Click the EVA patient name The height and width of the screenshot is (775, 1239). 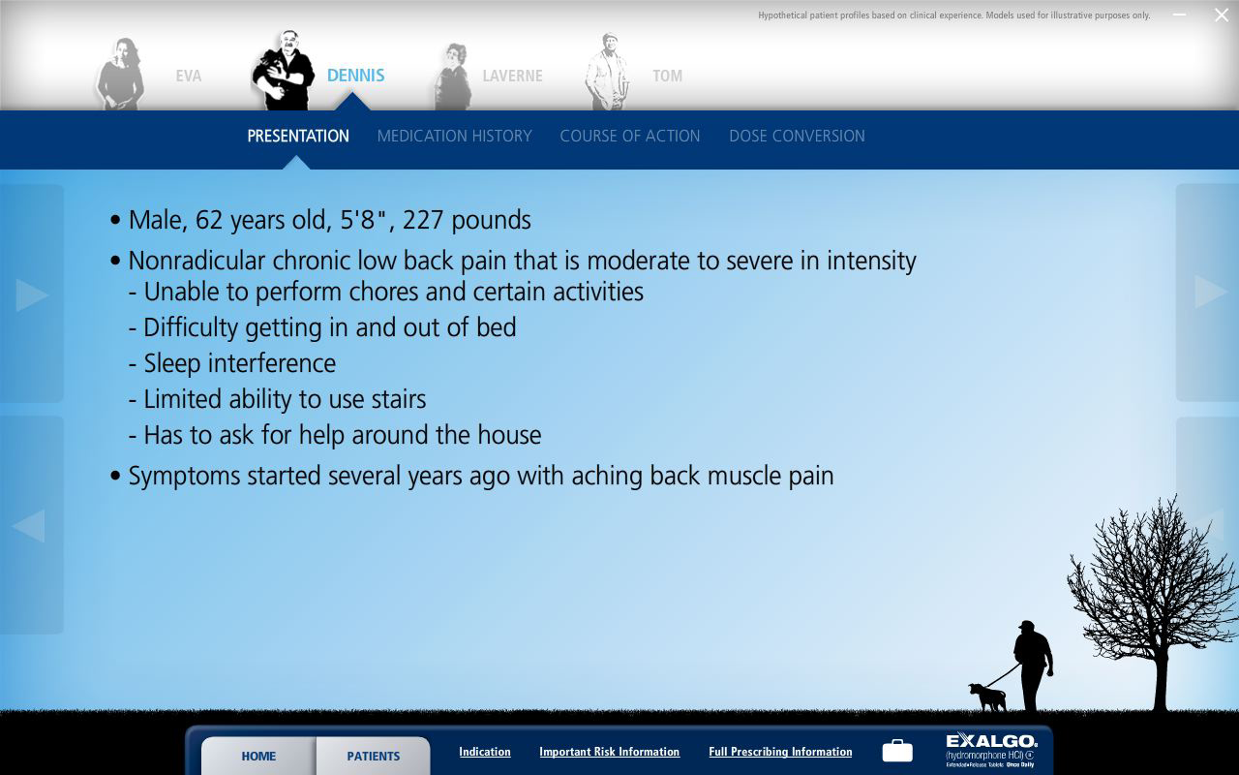(189, 76)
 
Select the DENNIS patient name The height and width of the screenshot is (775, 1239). (355, 76)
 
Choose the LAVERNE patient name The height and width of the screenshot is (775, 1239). (512, 76)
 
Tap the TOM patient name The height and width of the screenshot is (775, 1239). (667, 76)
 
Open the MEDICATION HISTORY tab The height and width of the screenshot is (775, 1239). (454, 137)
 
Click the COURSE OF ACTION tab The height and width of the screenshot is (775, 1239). (629, 137)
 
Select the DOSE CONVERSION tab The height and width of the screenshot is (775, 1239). (797, 137)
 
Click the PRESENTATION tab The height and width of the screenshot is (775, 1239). (298, 137)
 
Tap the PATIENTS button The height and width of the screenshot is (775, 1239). (373, 756)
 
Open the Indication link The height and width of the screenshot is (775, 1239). (484, 752)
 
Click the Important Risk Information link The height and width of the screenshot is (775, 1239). (609, 752)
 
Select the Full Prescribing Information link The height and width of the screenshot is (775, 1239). (780, 752)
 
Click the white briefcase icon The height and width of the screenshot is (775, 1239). (897, 751)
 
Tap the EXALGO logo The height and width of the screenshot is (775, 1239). (991, 749)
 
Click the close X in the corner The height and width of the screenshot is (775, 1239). (1222, 15)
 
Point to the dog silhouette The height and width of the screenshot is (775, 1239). (987, 697)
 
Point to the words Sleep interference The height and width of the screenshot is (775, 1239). (239, 363)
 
